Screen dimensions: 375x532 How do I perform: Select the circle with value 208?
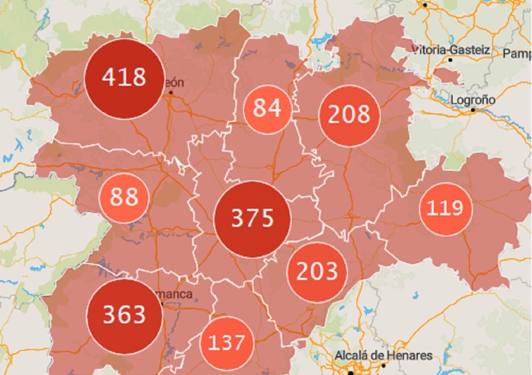point(349,115)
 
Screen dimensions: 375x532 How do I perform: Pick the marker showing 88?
point(124,198)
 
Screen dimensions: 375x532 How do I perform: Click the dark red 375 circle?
point(252,219)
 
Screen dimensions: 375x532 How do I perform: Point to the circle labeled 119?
point(445,209)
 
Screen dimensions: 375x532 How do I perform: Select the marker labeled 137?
point(227,343)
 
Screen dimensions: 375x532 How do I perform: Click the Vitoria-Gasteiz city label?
point(451,50)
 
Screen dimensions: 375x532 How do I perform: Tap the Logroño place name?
point(473,100)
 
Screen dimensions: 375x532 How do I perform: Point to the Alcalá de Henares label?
point(384,355)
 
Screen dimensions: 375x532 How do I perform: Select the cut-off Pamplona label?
point(517,53)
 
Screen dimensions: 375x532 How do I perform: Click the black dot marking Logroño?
point(473,110)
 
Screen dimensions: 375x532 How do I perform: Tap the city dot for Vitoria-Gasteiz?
point(450,60)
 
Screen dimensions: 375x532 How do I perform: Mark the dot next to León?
point(171,92)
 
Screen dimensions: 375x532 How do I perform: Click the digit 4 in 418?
point(108,78)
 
